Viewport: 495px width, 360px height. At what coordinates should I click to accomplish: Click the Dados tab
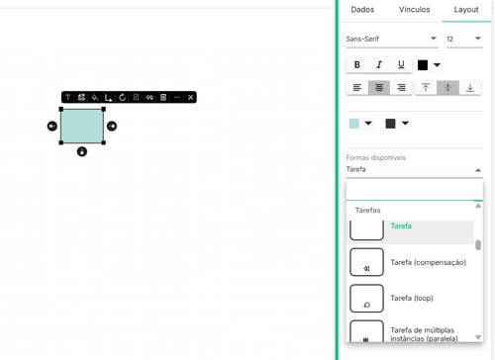[362, 10]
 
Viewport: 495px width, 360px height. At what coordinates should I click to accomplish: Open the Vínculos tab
[414, 10]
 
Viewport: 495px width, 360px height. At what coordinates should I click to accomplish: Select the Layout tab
[466, 10]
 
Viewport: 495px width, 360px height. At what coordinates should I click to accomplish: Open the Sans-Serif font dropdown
[392, 39]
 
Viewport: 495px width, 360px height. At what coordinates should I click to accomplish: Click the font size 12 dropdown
[464, 39]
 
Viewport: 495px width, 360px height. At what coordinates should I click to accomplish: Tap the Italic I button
[379, 65]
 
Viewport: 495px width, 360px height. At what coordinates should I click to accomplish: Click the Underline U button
[401, 65]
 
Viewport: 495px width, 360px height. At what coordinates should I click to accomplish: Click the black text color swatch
[423, 65]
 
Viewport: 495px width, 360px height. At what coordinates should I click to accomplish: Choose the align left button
[357, 88]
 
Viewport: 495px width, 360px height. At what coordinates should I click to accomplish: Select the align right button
[401, 88]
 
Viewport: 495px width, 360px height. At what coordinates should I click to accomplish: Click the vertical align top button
[426, 88]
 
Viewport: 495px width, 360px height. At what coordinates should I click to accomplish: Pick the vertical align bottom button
[470, 88]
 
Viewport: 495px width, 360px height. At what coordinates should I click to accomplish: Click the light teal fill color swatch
[354, 124]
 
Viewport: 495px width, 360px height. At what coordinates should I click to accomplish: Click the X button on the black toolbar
[190, 97]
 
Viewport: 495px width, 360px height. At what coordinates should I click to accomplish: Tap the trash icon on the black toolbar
[163, 97]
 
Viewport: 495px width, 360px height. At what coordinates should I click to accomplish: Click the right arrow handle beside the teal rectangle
[112, 126]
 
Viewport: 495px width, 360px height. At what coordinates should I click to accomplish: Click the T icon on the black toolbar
[68, 97]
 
